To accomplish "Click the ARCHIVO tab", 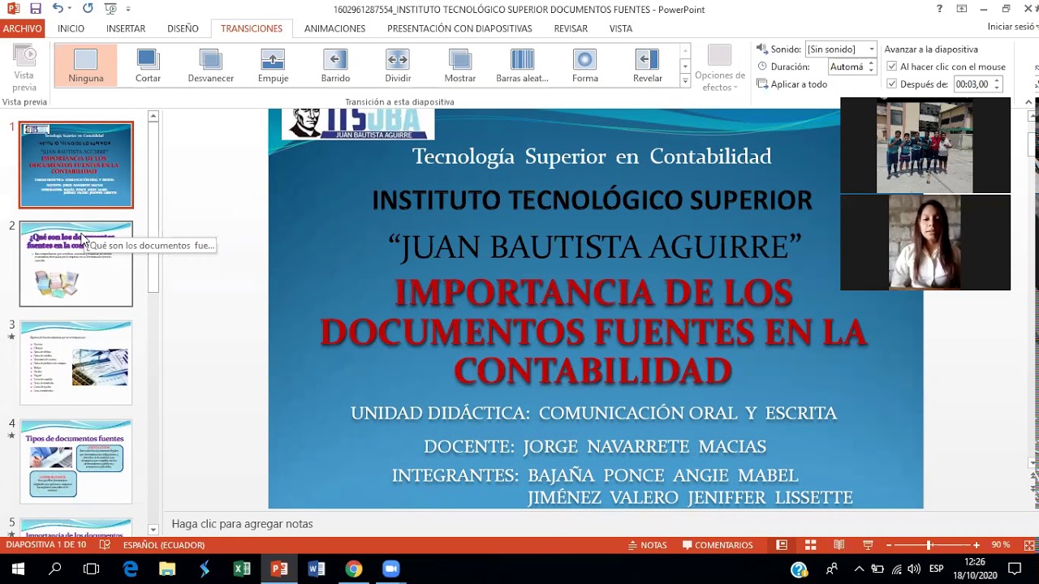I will pyautogui.click(x=22, y=28).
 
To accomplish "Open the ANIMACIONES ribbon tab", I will pyautogui.click(x=334, y=28).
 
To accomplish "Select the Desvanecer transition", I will pyautogui.click(x=210, y=65).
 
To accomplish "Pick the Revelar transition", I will pyautogui.click(x=647, y=65).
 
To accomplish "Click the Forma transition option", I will pyautogui.click(x=584, y=65).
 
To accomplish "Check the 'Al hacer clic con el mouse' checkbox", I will pyautogui.click(x=892, y=67).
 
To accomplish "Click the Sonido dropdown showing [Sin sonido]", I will pyautogui.click(x=840, y=49).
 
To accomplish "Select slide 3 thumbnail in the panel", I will pyautogui.click(x=76, y=363).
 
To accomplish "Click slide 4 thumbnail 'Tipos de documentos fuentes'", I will pyautogui.click(x=76, y=462).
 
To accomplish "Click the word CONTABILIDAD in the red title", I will pyautogui.click(x=593, y=371).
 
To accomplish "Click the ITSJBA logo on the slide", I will pyautogui.click(x=358, y=123).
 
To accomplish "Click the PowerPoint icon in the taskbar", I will pyautogui.click(x=279, y=569).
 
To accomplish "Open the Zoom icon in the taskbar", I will pyautogui.click(x=390, y=569).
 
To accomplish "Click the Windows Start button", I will pyautogui.click(x=18, y=569).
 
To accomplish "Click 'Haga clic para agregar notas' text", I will pyautogui.click(x=242, y=524).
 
